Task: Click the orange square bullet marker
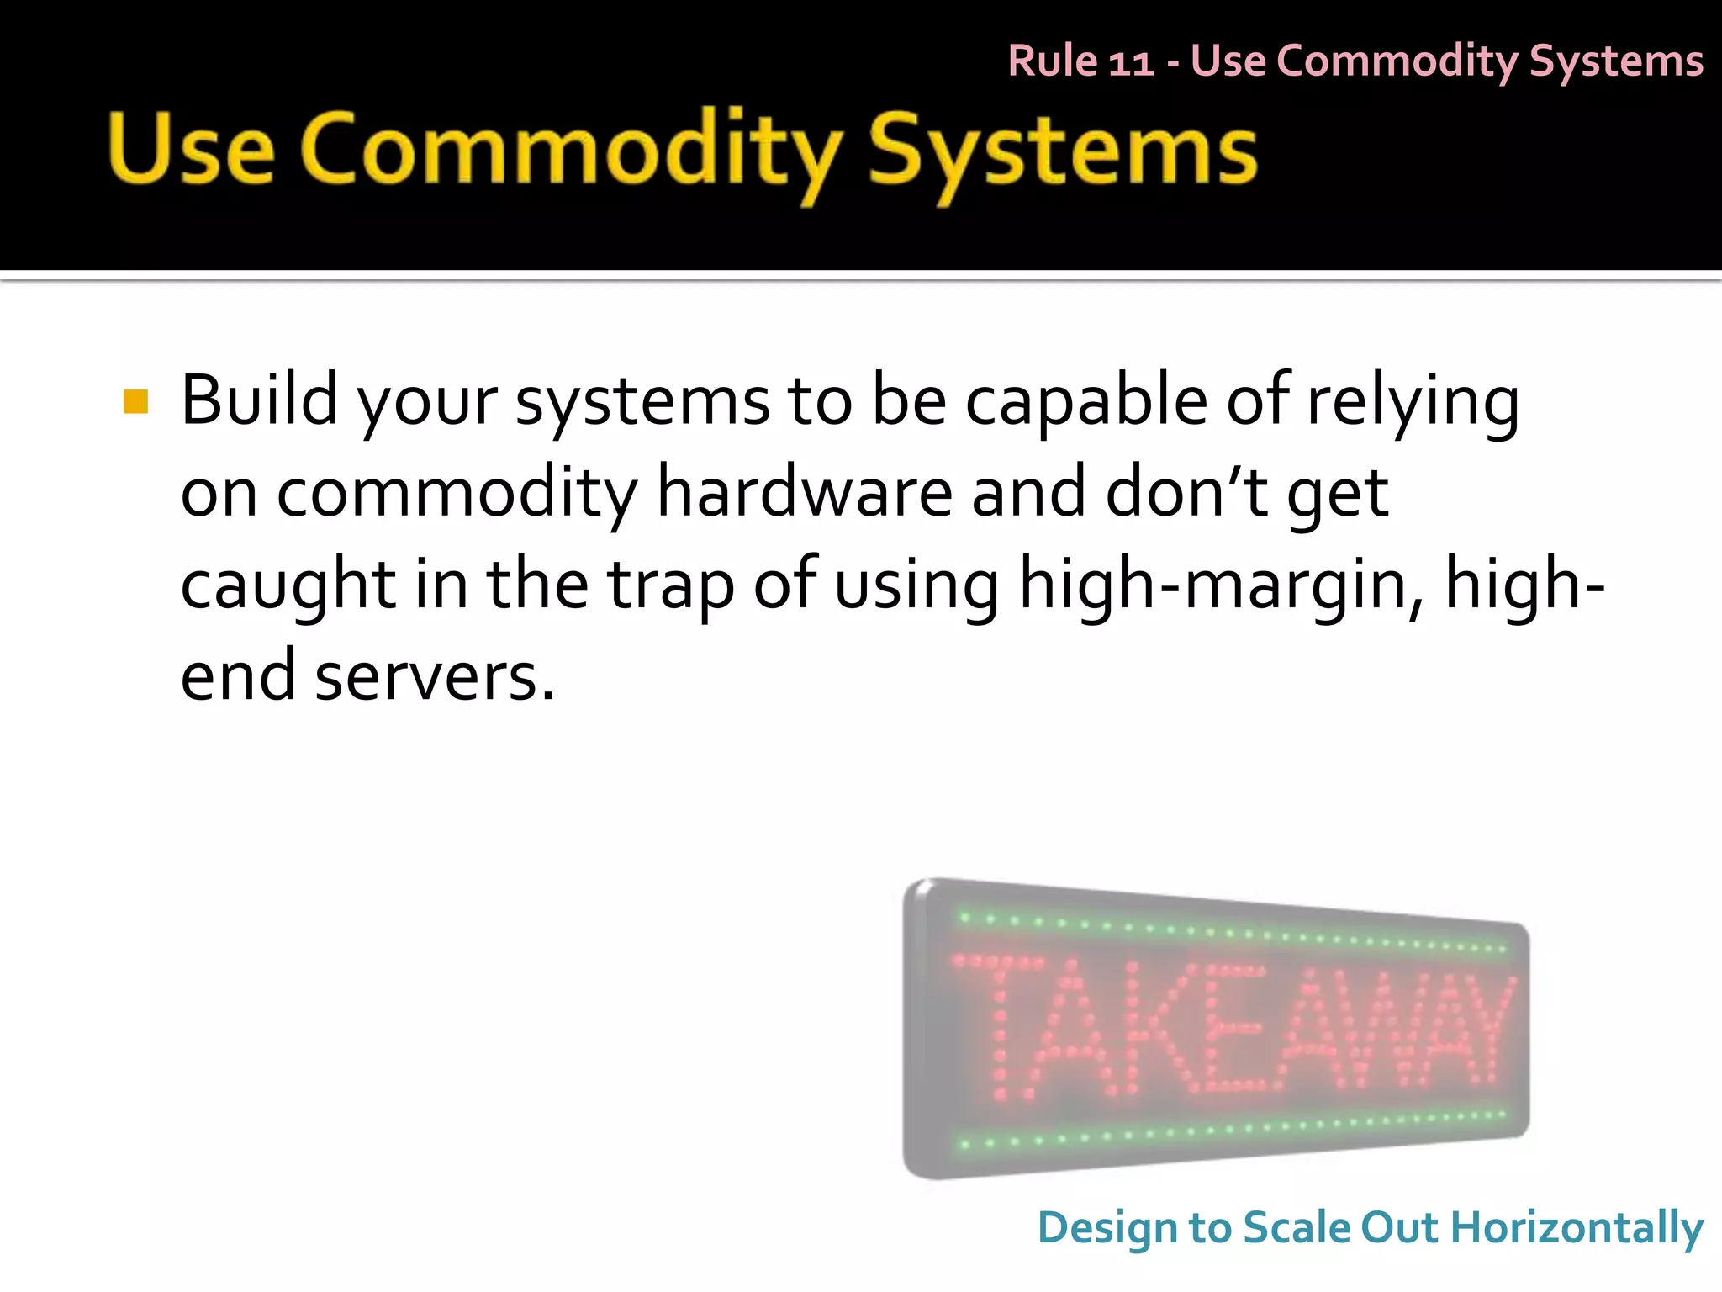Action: (135, 402)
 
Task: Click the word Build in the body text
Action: (258, 400)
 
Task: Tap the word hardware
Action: (804, 493)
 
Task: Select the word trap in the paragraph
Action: (670, 585)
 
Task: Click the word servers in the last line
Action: (434, 677)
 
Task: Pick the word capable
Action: (1085, 400)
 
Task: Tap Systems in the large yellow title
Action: (1062, 151)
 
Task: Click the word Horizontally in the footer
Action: (1577, 1228)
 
